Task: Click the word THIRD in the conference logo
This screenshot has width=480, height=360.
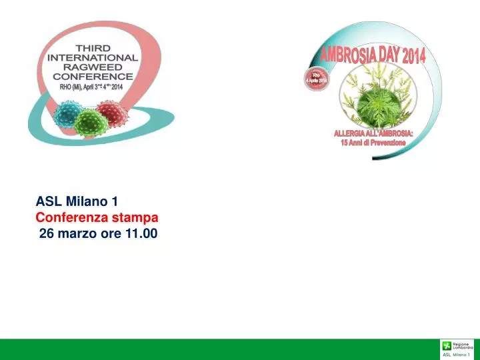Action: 93,49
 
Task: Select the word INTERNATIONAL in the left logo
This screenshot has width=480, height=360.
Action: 93,58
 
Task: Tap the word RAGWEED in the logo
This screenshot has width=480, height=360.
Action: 93,67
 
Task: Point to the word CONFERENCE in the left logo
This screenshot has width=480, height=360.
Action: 93,77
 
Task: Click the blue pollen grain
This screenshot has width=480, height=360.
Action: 68,113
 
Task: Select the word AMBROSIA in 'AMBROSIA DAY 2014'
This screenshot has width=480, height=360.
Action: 349,53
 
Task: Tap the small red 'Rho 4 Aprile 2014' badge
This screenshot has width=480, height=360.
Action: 317,79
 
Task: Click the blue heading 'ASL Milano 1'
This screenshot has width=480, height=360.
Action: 77,201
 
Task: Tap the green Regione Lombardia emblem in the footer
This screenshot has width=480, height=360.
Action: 446,345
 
